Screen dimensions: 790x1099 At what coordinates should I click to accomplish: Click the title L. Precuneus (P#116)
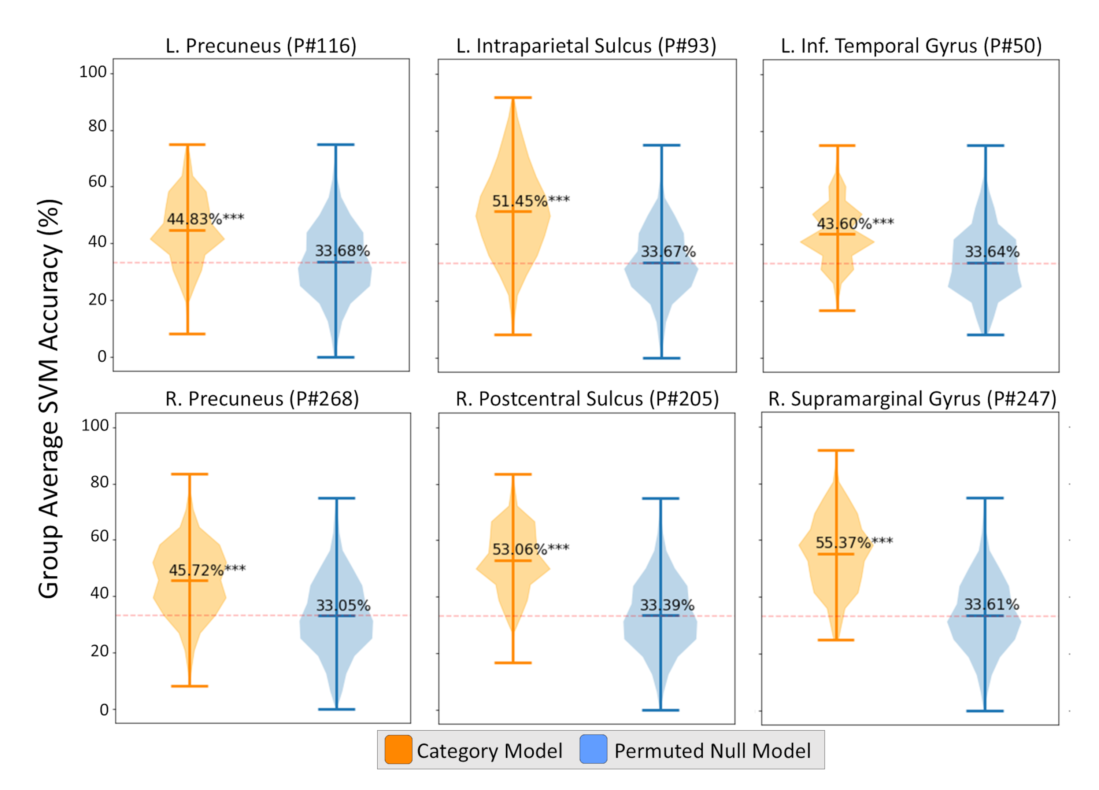pyautogui.click(x=261, y=46)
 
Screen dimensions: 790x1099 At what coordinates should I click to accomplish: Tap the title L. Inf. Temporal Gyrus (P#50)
pyautogui.click(x=911, y=46)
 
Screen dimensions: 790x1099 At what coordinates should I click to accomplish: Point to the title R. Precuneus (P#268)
pyautogui.click(x=262, y=399)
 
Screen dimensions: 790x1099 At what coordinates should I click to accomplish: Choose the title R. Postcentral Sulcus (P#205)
pyautogui.click(x=587, y=399)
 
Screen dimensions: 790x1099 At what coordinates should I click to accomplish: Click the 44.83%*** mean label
pyautogui.click(x=206, y=219)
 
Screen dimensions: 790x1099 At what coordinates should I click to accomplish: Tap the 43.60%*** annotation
pyautogui.click(x=855, y=224)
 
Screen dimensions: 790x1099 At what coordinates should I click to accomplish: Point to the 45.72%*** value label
pyautogui.click(x=207, y=570)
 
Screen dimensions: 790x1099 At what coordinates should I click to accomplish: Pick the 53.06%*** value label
pyautogui.click(x=530, y=549)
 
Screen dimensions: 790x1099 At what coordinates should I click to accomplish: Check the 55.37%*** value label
pyautogui.click(x=854, y=542)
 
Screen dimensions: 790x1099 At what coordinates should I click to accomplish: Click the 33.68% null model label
pyautogui.click(x=343, y=251)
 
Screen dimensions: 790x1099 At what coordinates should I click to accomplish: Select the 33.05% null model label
pyautogui.click(x=343, y=605)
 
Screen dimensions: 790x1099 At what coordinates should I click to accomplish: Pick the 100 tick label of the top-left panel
pyautogui.click(x=93, y=72)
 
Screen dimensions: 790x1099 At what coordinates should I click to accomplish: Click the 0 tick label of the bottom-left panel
pyautogui.click(x=104, y=710)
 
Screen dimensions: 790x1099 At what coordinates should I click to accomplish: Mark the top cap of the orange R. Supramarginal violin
pyautogui.click(x=836, y=450)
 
